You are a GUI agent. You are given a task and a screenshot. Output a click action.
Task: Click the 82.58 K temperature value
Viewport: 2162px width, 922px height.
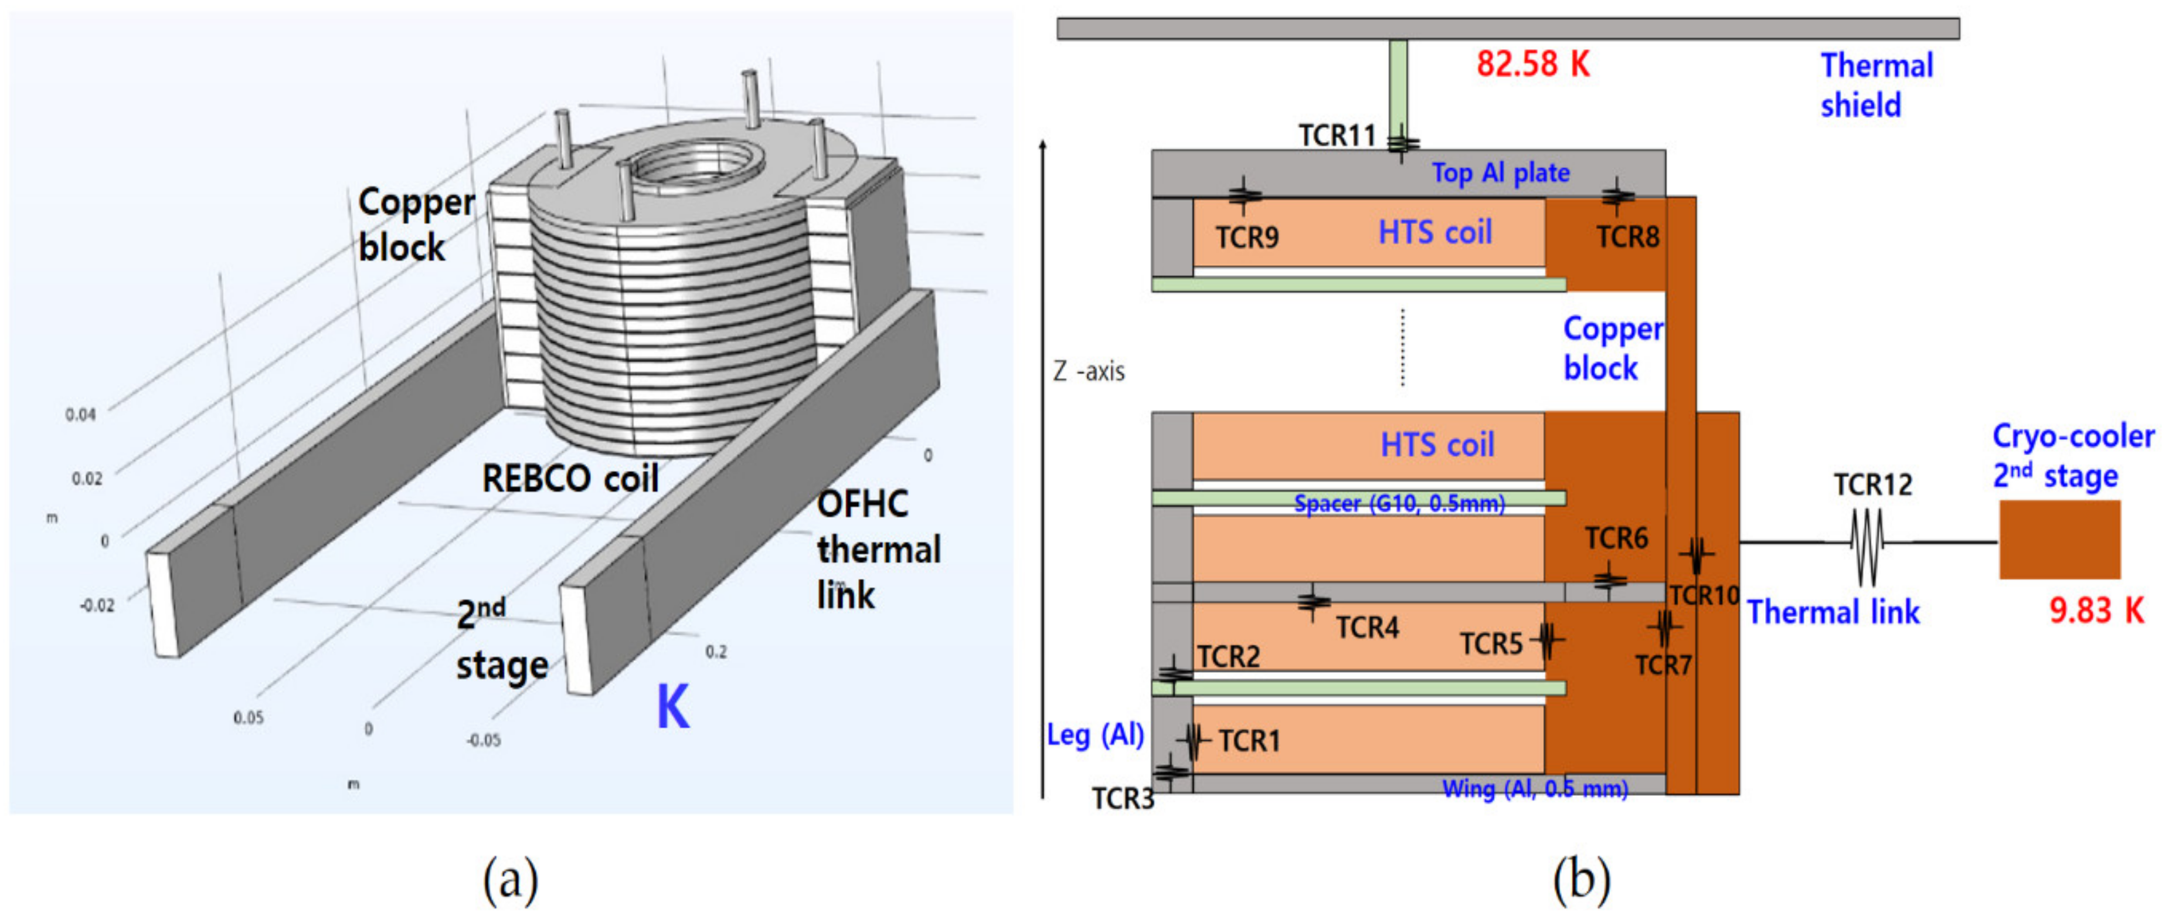pyautogui.click(x=1532, y=64)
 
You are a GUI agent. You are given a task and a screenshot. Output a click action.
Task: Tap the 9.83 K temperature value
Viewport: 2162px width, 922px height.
pyautogui.click(x=2096, y=611)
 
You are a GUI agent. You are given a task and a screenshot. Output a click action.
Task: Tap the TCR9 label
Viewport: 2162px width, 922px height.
pyautogui.click(x=1247, y=238)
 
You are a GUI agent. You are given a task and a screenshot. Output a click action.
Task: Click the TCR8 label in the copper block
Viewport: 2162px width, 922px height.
pyautogui.click(x=1627, y=237)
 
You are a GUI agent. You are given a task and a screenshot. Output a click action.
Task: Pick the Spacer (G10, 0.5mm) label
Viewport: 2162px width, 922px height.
pyautogui.click(x=1399, y=504)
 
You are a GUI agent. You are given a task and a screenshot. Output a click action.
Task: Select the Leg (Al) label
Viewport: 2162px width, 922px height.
pyautogui.click(x=1095, y=735)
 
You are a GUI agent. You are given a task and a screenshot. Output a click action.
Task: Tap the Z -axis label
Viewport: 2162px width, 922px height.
pyautogui.click(x=1089, y=371)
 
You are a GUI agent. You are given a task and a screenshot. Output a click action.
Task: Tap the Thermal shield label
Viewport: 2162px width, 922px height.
pyautogui.click(x=1876, y=86)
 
